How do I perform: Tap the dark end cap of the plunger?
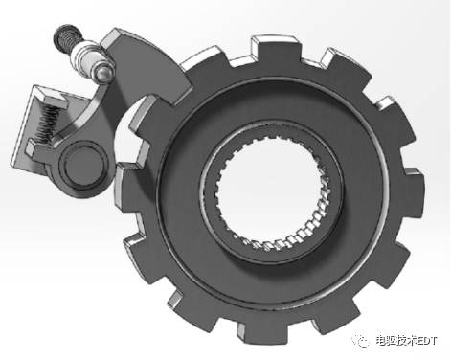64,33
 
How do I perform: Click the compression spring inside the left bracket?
47,124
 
